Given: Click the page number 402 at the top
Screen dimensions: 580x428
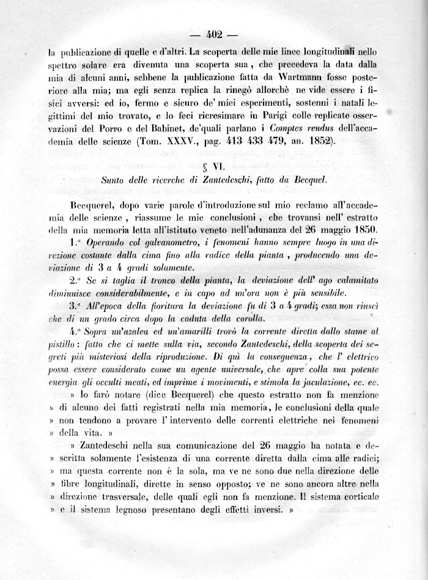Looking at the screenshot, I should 213,35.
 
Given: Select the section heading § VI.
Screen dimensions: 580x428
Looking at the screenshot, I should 214,167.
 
